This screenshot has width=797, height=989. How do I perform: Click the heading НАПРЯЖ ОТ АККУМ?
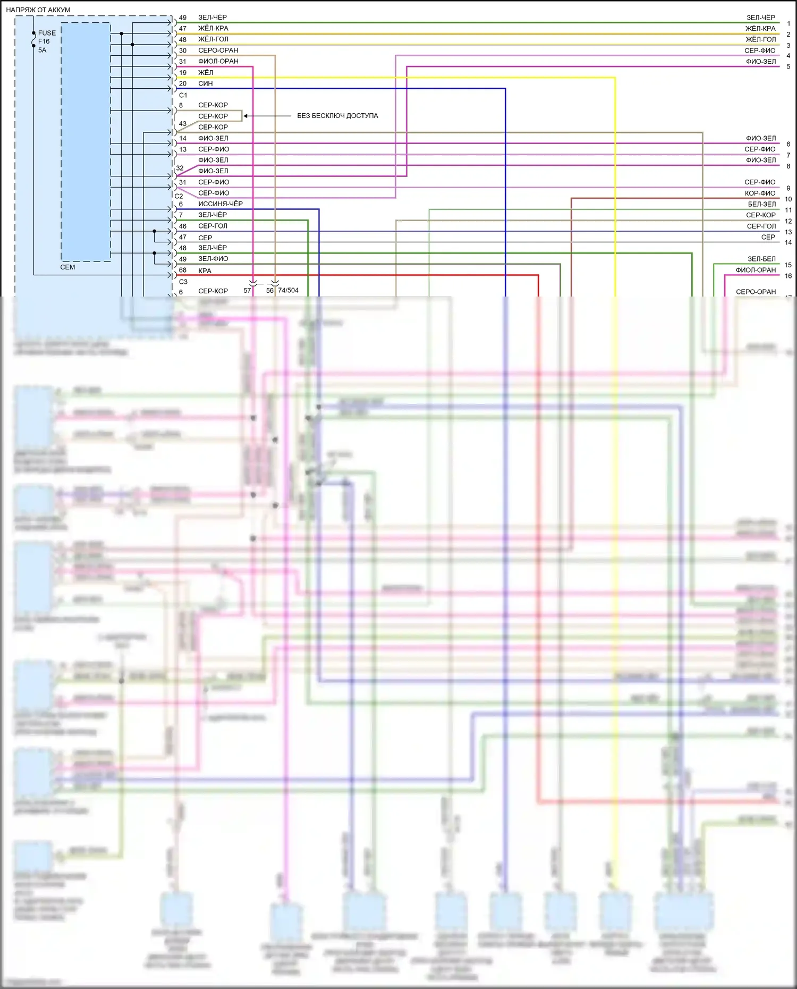point(38,10)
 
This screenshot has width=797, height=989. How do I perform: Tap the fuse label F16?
point(44,41)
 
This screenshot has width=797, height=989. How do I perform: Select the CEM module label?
point(67,267)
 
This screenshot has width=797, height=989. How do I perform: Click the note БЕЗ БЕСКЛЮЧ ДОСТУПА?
point(337,115)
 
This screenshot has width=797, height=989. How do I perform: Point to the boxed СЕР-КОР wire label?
point(213,116)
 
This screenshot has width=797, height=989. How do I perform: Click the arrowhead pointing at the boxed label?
point(246,116)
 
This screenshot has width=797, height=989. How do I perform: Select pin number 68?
point(183,270)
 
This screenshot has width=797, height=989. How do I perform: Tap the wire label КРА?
point(205,271)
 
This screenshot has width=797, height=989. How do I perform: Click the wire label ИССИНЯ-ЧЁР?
point(220,204)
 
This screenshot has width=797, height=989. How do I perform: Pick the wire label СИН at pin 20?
point(205,83)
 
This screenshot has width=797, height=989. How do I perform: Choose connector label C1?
point(183,95)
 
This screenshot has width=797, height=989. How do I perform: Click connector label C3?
point(183,282)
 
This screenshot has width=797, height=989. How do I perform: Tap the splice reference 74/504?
point(288,290)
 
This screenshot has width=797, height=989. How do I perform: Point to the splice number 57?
point(247,290)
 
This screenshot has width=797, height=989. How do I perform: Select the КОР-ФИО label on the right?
point(760,193)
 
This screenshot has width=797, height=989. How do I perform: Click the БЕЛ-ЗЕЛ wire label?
point(761,204)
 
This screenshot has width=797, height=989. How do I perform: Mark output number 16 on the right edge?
point(788,276)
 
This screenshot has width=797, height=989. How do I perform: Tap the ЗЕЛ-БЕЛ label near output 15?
point(761,259)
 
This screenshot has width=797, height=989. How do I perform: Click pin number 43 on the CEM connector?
point(183,123)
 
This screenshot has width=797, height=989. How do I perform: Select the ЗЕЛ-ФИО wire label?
point(213,259)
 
